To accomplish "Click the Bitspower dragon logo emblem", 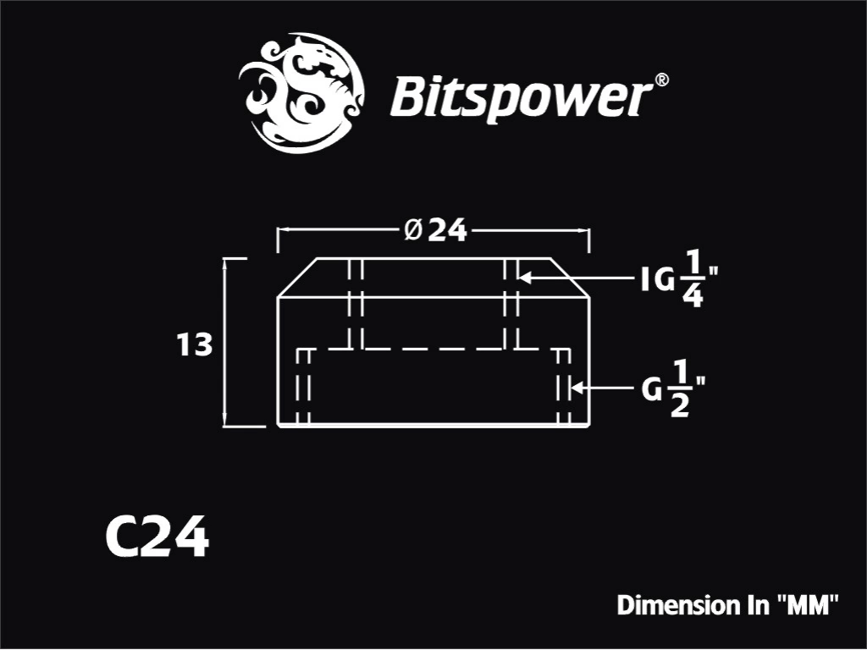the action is pos(301,92).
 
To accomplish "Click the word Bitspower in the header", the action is pos(520,98).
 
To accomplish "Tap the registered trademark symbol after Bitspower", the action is pos(661,80).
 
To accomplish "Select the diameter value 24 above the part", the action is pos(448,230).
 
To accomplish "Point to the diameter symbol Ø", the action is pos(413,230).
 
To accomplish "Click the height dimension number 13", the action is pos(194,344).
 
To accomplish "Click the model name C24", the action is pos(157,537).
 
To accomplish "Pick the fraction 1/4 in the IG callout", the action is pos(693,279).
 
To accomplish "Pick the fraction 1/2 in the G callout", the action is pos(680,388).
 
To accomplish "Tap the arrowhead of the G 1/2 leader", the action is pos(576,388).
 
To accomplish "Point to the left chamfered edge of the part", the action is pos(297,278).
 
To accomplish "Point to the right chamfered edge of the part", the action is pos(570,278).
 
